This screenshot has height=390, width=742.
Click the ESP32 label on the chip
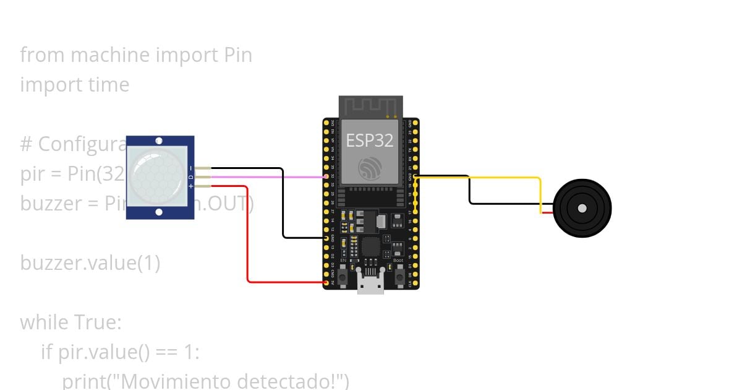point(370,141)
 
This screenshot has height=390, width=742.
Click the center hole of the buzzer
point(582,209)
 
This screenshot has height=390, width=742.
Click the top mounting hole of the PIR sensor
point(160,142)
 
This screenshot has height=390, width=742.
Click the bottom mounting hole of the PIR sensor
point(160,212)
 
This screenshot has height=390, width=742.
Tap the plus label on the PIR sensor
point(190,186)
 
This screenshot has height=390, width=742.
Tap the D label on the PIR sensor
point(190,177)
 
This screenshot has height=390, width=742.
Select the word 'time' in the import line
point(108,85)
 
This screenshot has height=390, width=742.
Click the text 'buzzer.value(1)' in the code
point(90,263)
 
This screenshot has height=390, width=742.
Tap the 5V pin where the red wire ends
point(326,282)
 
